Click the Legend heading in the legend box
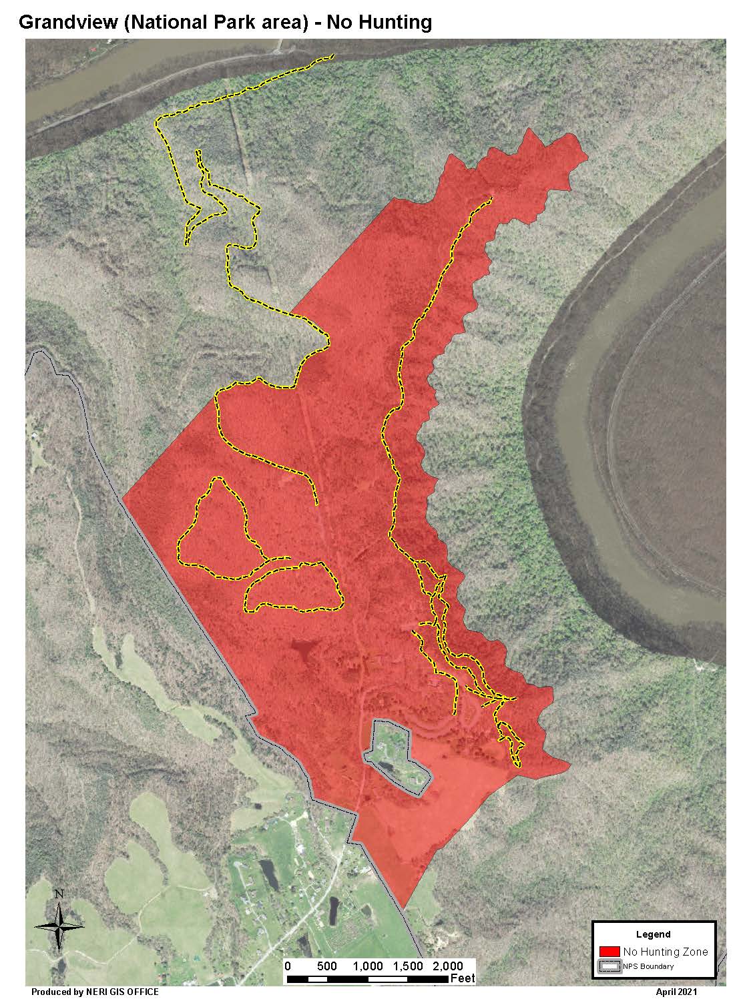654,934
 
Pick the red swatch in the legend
610,952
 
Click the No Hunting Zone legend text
665,952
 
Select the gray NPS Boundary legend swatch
610,966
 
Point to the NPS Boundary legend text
649,966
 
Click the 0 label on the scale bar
288,966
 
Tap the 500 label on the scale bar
327,966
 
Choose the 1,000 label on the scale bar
367,966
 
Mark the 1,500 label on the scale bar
408,966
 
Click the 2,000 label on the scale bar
448,966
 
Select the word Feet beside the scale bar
463,979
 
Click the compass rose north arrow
59,926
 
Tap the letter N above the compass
59,894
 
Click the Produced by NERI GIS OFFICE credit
95,992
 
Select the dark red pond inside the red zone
303,650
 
